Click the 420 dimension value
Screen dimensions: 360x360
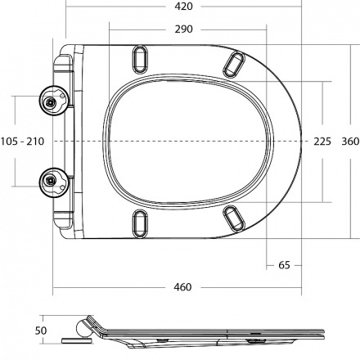click(x=183, y=6)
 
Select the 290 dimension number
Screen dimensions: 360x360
click(x=183, y=29)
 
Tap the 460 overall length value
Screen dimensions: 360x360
click(x=182, y=287)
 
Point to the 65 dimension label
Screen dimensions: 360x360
click(x=284, y=265)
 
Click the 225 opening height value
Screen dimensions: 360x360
click(x=322, y=142)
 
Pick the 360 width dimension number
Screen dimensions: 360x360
click(x=350, y=142)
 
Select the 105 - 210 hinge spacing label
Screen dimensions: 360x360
click(x=22, y=142)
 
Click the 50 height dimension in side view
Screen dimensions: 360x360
click(x=41, y=331)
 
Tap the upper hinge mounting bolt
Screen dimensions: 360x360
click(x=50, y=102)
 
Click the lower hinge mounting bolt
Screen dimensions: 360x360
click(x=50, y=180)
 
